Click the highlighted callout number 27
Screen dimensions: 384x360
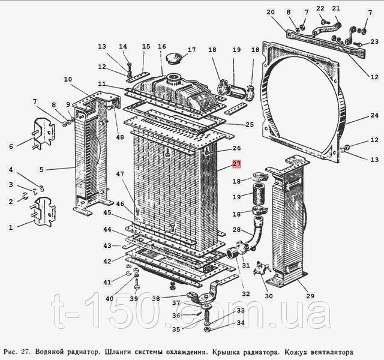click(x=236, y=164)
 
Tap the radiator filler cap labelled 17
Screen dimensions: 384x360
click(x=173, y=59)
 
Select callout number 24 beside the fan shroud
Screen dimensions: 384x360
click(x=374, y=115)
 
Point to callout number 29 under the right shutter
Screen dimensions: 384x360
click(x=310, y=296)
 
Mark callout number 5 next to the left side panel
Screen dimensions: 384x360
click(x=41, y=169)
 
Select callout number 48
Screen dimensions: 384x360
click(x=120, y=137)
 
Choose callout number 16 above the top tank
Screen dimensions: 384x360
click(x=162, y=46)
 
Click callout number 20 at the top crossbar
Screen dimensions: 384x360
click(x=271, y=12)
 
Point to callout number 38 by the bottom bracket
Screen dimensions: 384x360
click(x=156, y=299)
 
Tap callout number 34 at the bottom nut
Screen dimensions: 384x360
click(x=241, y=323)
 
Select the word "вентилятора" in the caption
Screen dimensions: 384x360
click(x=332, y=352)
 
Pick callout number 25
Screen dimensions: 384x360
click(x=250, y=124)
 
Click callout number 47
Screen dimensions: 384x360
click(x=120, y=174)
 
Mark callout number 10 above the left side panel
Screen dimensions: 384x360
click(x=68, y=79)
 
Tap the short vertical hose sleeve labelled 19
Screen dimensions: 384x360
click(x=258, y=194)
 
